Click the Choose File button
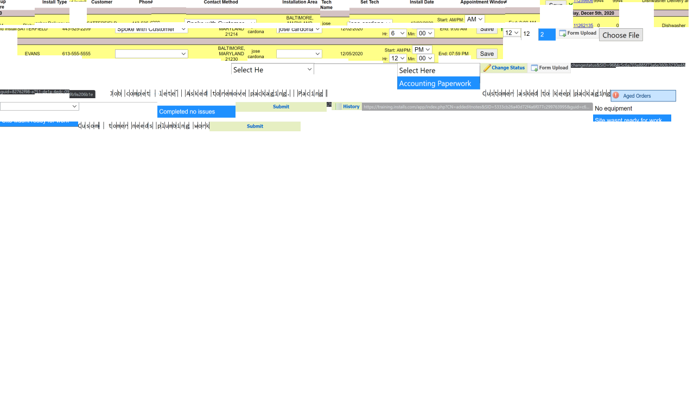pos(621,35)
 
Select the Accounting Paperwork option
pos(438,84)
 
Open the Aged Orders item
pos(643,96)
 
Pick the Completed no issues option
pos(196,112)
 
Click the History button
pos(347,106)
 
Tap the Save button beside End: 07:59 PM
pos(487,54)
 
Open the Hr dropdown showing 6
pos(398,33)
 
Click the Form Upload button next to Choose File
pos(578,33)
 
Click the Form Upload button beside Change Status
pos(550,68)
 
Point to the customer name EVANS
pos(32,54)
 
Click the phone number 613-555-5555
pos(76,54)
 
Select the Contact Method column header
pos(221,2)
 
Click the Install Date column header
pos(422,2)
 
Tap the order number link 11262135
pos(583,25)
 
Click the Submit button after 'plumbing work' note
pos(254,126)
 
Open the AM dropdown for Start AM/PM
pos(474,19)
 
